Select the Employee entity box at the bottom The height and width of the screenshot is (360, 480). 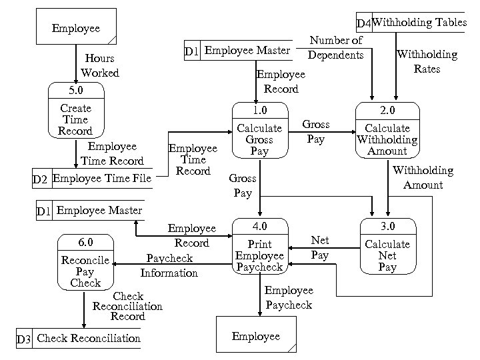pos(256,336)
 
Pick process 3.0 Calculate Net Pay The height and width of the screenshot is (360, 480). pos(387,247)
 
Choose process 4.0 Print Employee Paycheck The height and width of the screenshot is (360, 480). pos(259,247)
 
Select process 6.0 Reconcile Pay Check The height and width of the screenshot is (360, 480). pos(85,263)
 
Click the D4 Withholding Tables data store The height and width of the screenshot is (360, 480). pos(411,23)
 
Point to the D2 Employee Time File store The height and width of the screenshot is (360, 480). pos(93,178)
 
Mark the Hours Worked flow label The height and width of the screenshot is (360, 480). pos(99,65)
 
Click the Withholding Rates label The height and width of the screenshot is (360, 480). pos(427,61)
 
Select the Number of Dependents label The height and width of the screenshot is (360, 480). pos(336,47)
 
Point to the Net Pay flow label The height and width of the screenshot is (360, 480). pos(320,247)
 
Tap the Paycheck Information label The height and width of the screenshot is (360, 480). pos(169,265)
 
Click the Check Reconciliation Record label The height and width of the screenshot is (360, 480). pos(127,306)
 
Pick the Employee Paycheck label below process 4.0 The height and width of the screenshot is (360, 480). pos(288,297)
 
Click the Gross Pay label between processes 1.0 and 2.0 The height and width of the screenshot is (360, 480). pos(316,131)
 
